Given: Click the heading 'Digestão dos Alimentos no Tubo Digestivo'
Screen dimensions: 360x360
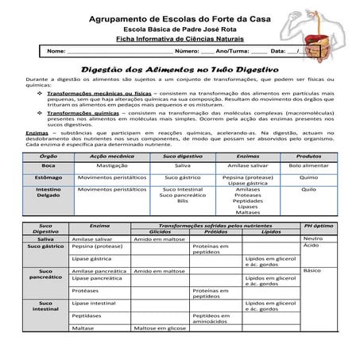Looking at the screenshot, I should click(x=179, y=70).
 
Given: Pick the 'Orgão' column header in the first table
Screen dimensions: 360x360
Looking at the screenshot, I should click(x=48, y=157).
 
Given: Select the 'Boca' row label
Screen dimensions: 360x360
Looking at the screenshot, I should click(x=48, y=165).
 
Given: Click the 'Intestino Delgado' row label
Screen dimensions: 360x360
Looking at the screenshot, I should click(x=48, y=194).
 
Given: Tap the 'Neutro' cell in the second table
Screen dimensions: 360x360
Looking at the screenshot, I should click(x=312, y=238).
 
